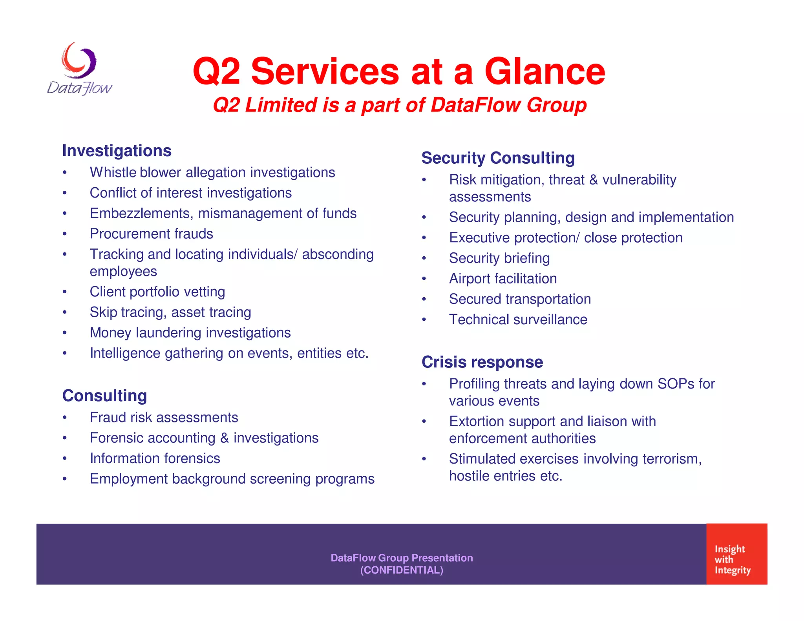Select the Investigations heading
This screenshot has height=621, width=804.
click(x=117, y=151)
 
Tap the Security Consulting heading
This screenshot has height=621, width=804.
click(x=498, y=158)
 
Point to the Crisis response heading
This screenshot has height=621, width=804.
click(x=482, y=362)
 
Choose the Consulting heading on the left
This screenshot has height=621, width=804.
click(x=104, y=396)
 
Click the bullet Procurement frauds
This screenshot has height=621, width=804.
click(x=151, y=234)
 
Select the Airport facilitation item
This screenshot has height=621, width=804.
click(x=502, y=279)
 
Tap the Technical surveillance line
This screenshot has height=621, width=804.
click(x=518, y=320)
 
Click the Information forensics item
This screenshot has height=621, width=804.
click(x=155, y=458)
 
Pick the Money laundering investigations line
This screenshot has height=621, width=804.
click(x=190, y=333)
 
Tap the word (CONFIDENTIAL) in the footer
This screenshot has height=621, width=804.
click(x=402, y=570)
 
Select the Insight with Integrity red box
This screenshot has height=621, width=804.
click(x=736, y=554)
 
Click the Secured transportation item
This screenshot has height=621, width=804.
click(x=520, y=299)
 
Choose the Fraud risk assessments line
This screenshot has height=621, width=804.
click(x=164, y=418)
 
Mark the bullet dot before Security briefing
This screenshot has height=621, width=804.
click(x=424, y=259)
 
